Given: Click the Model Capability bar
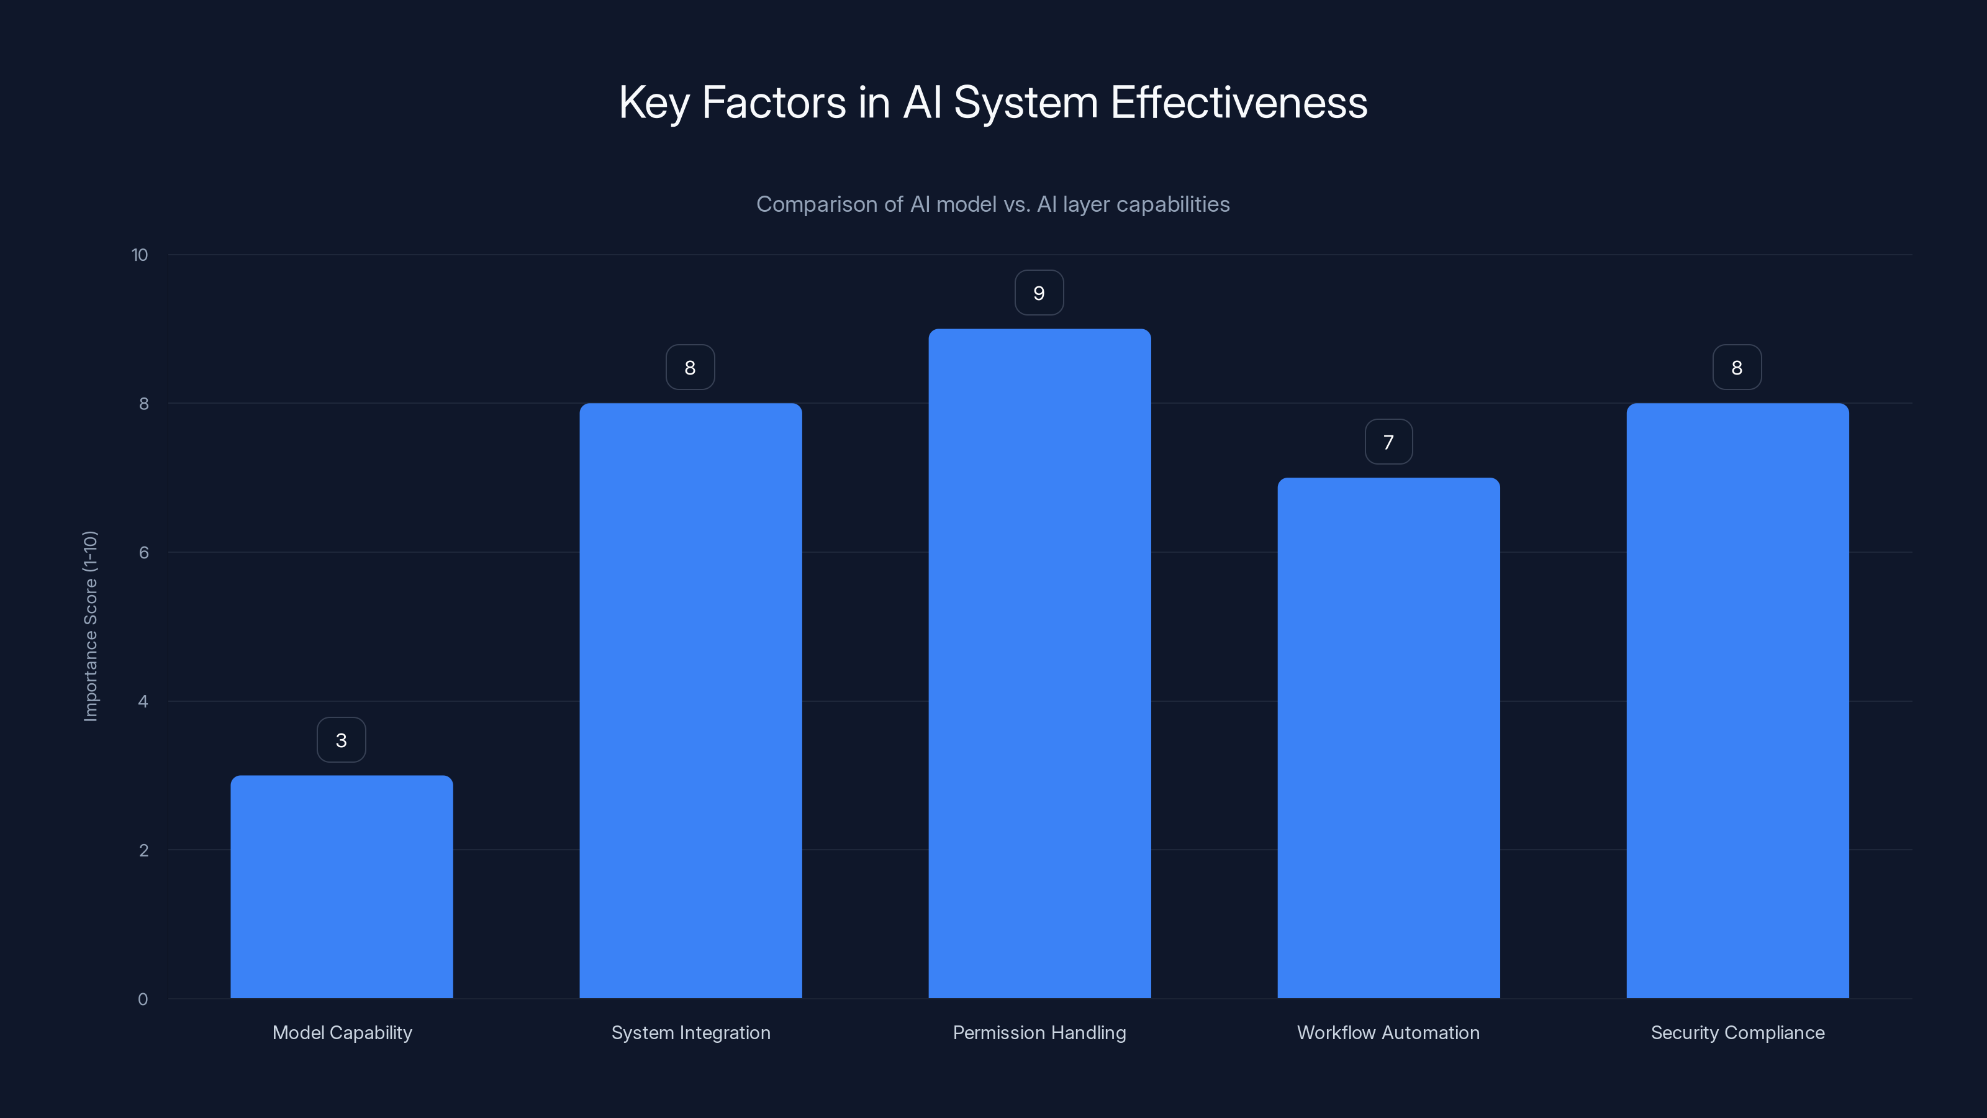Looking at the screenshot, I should click(x=342, y=888).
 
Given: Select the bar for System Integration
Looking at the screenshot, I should click(x=690, y=701).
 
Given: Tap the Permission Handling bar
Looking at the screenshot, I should click(x=1039, y=663).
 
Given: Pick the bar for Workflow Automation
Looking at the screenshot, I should click(x=1388, y=738).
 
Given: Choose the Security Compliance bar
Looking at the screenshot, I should click(x=1737, y=701).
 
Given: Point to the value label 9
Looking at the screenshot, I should click(x=1039, y=293).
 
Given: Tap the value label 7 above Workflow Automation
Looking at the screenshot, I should click(x=1388, y=442).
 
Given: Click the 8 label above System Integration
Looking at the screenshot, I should click(x=690, y=368).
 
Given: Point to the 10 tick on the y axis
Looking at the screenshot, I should click(x=140, y=255).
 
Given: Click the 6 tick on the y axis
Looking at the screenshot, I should click(x=143, y=552).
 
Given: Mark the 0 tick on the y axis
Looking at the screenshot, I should click(x=143, y=1000).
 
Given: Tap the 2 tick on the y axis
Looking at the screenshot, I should click(x=143, y=851).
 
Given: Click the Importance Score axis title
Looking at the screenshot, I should click(x=90, y=627).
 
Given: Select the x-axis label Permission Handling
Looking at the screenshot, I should click(x=1039, y=1033).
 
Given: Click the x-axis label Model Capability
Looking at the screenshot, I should click(x=342, y=1033).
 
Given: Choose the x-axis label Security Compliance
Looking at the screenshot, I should click(x=1737, y=1033).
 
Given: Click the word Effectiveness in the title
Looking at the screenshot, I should click(x=1238, y=102).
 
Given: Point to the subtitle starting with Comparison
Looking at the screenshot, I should click(x=993, y=204).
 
